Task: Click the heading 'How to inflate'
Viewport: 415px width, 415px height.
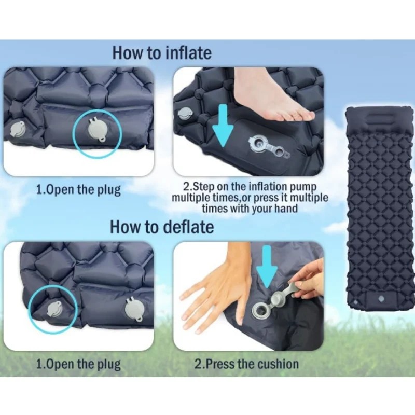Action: click(162, 53)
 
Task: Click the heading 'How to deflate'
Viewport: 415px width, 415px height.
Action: click(162, 227)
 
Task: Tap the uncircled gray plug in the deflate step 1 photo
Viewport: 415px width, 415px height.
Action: click(135, 309)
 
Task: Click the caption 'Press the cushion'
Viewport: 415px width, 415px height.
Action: click(252, 364)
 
